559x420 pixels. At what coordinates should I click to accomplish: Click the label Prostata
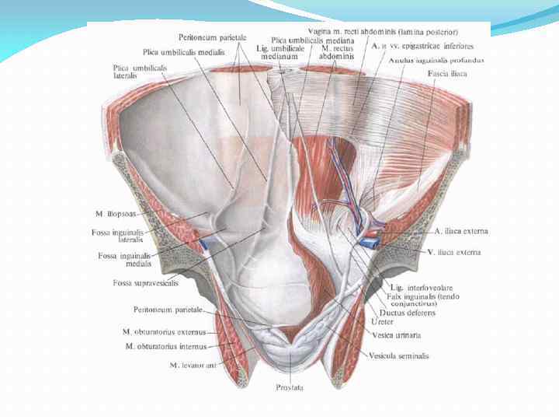[x=287, y=387]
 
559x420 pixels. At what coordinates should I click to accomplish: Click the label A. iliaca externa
[x=461, y=231]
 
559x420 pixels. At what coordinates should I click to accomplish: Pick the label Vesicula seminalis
[x=401, y=356]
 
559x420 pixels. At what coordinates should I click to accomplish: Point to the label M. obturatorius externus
[x=164, y=331]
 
